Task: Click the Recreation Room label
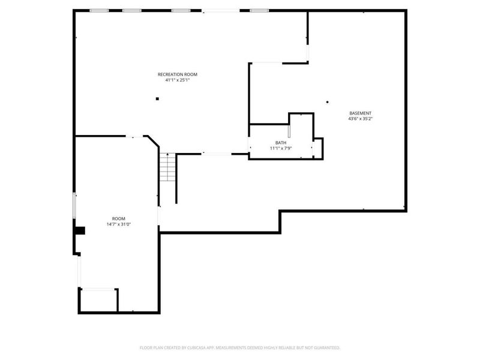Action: (177, 74)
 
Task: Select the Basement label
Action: (361, 113)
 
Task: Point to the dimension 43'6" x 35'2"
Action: (361, 119)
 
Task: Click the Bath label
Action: (281, 143)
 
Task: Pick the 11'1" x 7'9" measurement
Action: (281, 148)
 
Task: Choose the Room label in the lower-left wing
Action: (119, 218)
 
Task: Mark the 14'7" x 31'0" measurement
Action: (119, 224)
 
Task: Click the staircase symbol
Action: (167, 168)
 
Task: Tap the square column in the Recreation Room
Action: (157, 99)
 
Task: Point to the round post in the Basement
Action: (327, 101)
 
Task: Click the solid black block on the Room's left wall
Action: (79, 230)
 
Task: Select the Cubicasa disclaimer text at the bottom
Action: (240, 347)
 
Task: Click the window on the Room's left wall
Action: (74, 205)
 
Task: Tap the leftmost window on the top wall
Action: (99, 10)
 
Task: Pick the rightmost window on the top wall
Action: (259, 10)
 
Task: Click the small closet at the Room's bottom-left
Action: (99, 300)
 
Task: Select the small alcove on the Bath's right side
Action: (318, 148)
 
